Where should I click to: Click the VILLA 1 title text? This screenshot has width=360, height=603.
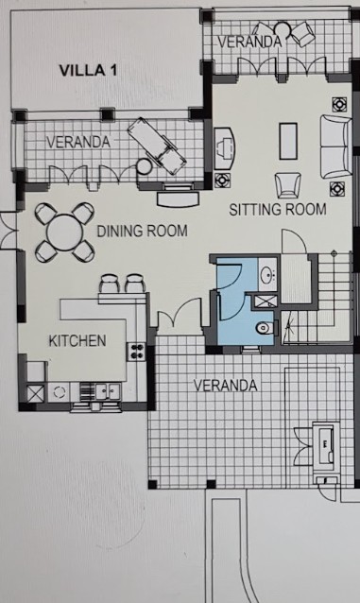88,70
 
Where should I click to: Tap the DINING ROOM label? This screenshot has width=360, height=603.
143,232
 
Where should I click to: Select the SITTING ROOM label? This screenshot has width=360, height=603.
278,209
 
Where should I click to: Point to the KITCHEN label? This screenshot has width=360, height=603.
77,341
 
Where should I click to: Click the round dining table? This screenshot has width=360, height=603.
64,233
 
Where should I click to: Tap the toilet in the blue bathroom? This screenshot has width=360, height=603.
266,328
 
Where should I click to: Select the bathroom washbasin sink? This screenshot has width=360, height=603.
267,275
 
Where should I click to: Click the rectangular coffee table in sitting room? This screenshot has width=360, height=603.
288,141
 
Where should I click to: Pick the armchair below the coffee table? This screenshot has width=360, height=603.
287,185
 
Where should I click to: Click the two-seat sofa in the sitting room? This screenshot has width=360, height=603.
335,146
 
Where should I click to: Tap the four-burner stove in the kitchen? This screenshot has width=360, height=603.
136,352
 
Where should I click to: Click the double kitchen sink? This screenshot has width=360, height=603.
108,391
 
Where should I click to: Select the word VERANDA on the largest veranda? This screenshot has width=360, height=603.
225,386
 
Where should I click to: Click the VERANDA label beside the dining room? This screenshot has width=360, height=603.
78,143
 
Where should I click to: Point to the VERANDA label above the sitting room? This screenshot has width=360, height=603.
250,42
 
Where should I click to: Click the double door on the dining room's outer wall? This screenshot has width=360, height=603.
9,231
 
